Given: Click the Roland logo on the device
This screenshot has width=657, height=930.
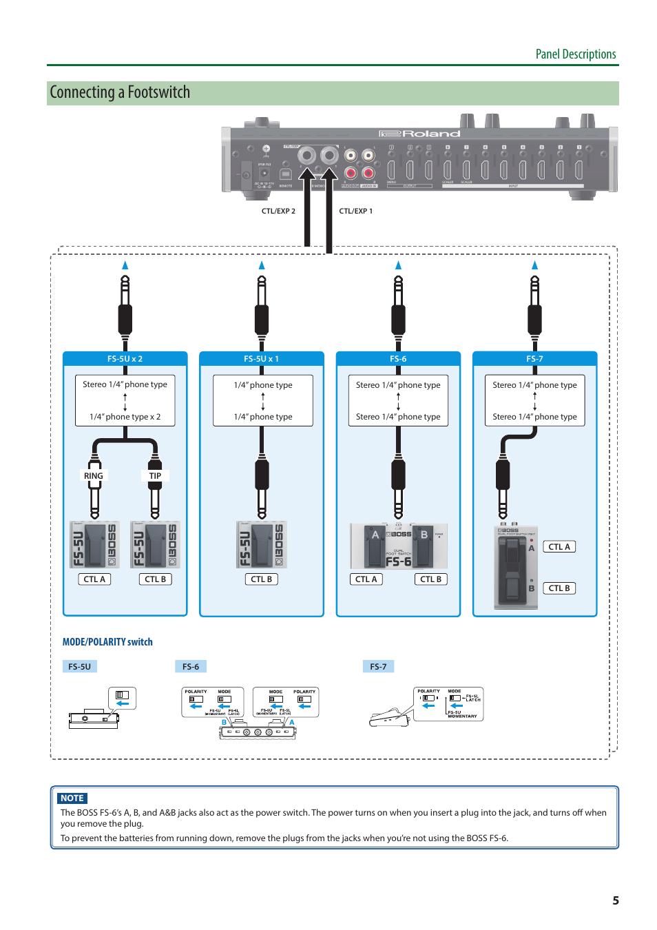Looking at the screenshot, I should click(x=419, y=134).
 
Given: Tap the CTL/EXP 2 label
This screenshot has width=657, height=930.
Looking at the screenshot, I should click(x=278, y=211).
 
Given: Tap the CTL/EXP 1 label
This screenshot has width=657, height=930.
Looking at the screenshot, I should click(x=355, y=211).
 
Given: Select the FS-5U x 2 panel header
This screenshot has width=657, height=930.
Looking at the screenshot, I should click(x=125, y=359).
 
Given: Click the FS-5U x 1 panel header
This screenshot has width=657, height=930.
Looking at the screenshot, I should click(x=261, y=359).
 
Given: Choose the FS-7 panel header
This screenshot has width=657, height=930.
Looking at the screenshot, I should click(x=534, y=359).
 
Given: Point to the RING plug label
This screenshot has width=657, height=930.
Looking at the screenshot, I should click(x=94, y=476).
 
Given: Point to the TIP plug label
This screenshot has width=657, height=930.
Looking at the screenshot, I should click(x=155, y=476).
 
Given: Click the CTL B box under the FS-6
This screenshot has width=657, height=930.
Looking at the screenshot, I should click(x=431, y=579).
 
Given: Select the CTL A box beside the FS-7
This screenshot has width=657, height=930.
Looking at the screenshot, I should click(x=559, y=547).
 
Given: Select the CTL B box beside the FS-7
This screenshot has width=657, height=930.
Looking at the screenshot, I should click(x=559, y=588).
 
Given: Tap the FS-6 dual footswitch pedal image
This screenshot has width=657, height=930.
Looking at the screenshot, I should click(x=398, y=546).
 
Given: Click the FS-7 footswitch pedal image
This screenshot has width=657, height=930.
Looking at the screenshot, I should click(x=515, y=568).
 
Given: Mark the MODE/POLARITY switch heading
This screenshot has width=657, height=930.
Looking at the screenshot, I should click(x=107, y=642).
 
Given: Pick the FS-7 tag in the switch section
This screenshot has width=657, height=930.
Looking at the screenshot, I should click(x=378, y=667).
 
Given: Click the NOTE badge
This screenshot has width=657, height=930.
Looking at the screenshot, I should click(x=72, y=798).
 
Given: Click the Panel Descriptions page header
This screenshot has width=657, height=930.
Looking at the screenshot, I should click(x=576, y=54).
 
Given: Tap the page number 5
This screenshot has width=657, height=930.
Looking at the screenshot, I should click(x=616, y=900).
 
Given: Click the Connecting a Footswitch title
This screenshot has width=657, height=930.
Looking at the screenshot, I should click(x=120, y=93).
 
